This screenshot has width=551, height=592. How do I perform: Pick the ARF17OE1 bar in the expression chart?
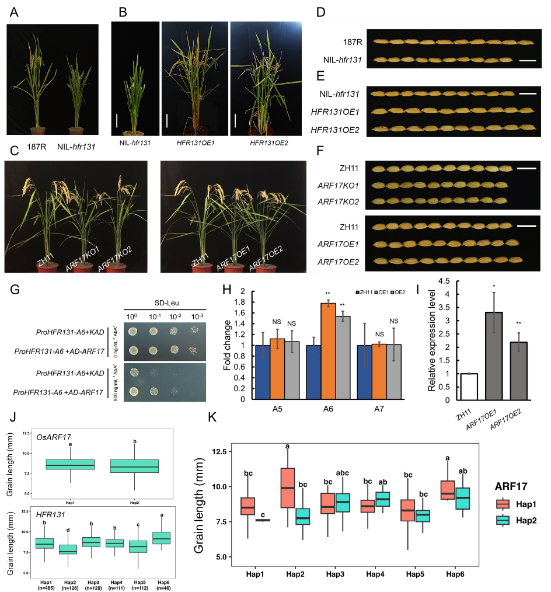click(x=494, y=357)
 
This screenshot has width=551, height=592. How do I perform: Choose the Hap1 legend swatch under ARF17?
click(x=503, y=504)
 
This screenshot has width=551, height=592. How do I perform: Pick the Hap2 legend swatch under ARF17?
click(x=503, y=520)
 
